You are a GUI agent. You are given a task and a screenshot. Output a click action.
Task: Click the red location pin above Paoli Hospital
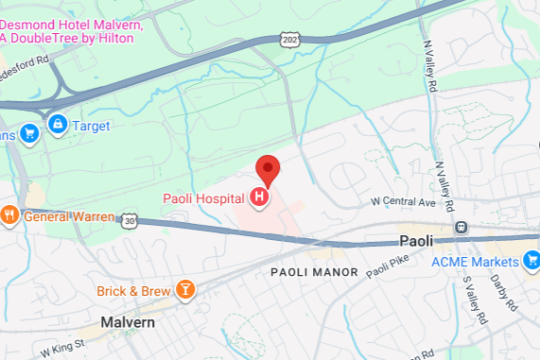coord(270,170)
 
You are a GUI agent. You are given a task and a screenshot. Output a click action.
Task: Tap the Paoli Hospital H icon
coord(258,197)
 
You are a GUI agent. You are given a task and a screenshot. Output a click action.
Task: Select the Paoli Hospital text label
coord(202,197)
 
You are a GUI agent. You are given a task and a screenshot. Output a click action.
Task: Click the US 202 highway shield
coord(289,40)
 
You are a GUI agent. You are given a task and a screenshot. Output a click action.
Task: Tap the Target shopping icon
coord(58,125)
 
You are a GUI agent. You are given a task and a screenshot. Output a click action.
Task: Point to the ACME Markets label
coord(477,261)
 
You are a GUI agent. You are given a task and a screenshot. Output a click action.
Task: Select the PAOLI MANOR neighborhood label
coord(314,272)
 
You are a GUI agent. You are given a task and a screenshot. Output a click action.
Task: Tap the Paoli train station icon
coord(462,227)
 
